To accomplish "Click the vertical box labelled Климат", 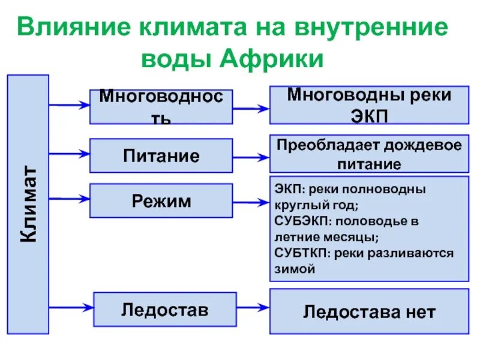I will [28, 204].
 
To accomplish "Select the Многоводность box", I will [161, 107].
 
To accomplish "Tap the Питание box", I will [161, 156].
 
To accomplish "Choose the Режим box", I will [161, 200].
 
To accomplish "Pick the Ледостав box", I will [164, 310].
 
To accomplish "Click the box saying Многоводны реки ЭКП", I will [369, 106].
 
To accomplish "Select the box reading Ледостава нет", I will [369, 311].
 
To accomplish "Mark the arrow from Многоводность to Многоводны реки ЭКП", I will [251, 109].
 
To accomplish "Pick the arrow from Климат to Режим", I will [69, 197].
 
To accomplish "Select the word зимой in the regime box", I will [295, 269].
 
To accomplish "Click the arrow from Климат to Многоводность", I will [69, 105].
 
